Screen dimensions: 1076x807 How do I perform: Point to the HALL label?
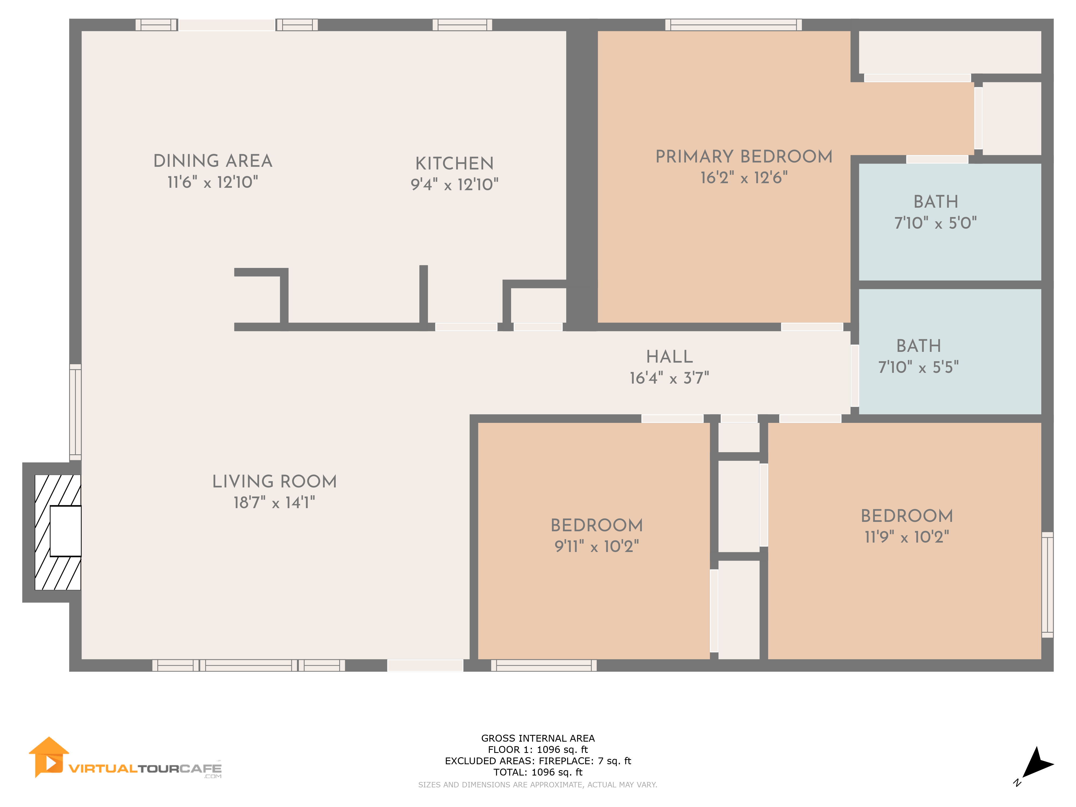(669, 356)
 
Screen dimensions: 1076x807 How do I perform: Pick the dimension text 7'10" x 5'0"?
(935, 223)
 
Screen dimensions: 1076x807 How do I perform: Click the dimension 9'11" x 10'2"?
(597, 546)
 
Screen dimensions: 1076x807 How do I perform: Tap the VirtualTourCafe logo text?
(145, 769)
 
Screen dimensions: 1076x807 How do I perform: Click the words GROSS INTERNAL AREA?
(538, 738)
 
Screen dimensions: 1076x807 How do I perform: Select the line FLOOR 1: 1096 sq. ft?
(538, 750)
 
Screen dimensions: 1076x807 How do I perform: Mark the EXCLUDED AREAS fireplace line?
(538, 761)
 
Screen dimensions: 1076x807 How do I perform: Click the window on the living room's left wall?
(75, 412)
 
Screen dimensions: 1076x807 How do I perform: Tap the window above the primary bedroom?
(734, 25)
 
